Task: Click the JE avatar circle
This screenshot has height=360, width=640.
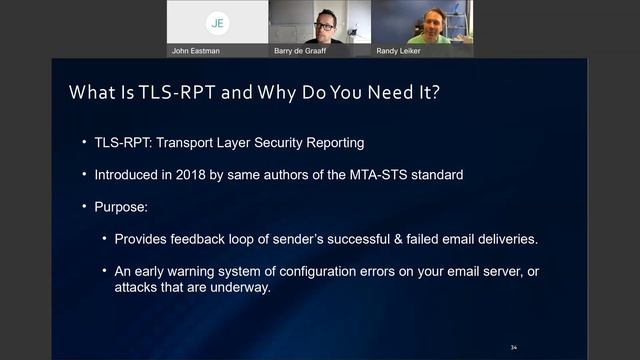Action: coord(216,22)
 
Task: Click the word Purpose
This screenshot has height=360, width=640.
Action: coord(123,207)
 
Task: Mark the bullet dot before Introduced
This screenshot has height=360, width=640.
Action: coord(85,174)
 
